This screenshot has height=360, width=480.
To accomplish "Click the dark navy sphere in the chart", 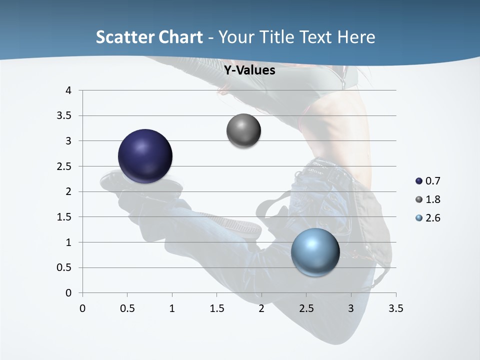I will tap(145, 156).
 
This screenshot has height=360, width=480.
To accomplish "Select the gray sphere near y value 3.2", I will tap(243, 130).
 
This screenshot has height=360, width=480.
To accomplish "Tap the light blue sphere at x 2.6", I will tap(315, 251).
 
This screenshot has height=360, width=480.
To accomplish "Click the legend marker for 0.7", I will tap(419, 181).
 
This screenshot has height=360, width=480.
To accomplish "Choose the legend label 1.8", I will tap(432, 199).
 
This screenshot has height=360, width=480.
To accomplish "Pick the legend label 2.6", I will tap(432, 218).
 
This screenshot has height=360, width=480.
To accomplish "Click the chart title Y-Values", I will tap(249, 70).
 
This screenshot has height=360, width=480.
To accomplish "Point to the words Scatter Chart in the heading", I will tap(149, 37).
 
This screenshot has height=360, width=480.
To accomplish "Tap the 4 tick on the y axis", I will tap(69, 90).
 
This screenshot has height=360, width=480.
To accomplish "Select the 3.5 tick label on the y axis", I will tap(65, 115).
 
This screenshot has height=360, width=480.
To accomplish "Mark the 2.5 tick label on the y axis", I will tap(65, 166).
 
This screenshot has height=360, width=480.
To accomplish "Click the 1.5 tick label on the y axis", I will tap(65, 217).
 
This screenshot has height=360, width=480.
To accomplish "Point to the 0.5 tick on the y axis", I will tap(65, 267).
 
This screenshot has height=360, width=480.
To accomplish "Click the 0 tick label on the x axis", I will tap(82, 308).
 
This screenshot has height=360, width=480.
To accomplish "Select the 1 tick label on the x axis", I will tap(172, 308).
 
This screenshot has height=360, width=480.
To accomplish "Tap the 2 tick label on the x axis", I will tap(261, 308).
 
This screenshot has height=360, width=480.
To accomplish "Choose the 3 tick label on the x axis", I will tap(351, 308).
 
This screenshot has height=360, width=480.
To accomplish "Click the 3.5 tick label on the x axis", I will tap(395, 308).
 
